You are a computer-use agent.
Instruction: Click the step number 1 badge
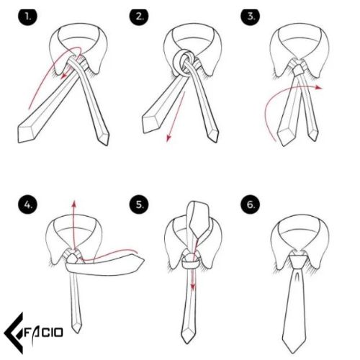coord(28,17)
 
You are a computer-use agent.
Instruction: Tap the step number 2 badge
coord(139,17)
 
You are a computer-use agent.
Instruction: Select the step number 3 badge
coord(251,17)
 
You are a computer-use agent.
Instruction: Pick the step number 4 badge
coord(28,204)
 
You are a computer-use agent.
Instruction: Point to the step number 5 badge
coord(139,204)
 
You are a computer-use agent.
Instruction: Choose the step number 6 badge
coord(251,204)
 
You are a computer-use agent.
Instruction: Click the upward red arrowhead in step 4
coord(74,204)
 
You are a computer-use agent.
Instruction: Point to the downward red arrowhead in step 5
coord(192,287)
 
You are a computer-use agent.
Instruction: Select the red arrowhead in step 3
coord(319,87)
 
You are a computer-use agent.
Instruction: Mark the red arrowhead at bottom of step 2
coord(168,138)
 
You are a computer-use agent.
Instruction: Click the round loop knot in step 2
coord(183,63)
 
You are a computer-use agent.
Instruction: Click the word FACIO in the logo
coord(44,333)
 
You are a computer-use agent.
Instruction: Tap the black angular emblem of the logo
coord(14,333)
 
